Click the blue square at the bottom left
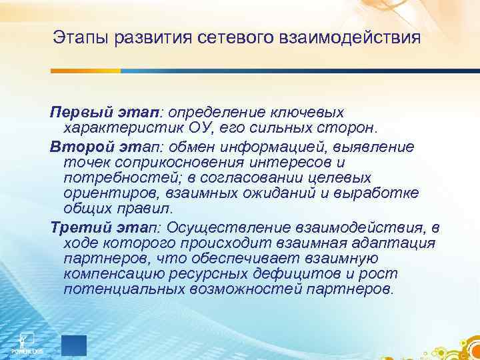point(74,345)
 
